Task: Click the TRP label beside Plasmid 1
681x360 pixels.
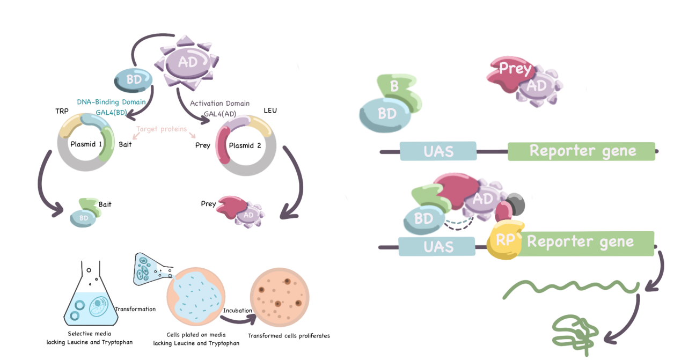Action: pyautogui.click(x=63, y=111)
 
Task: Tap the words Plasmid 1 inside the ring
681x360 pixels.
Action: pyautogui.click(x=85, y=144)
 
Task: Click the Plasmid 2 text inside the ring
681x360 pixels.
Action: pyautogui.click(x=245, y=145)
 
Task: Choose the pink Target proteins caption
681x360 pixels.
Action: pyautogui.click(x=162, y=129)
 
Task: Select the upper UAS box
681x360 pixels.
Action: pyautogui.click(x=438, y=151)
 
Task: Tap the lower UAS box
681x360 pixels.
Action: pyautogui.click(x=437, y=247)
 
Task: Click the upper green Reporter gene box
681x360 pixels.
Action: pyautogui.click(x=582, y=151)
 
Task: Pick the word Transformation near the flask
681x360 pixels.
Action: pyautogui.click(x=135, y=309)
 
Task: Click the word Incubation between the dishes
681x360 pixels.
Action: pyautogui.click(x=238, y=311)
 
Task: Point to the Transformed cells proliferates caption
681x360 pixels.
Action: pyautogui.click(x=289, y=336)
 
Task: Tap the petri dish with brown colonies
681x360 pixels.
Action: pyautogui.click(x=280, y=297)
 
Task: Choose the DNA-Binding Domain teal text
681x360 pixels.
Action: pyautogui.click(x=111, y=101)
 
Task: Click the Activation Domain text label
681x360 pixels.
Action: pyautogui.click(x=219, y=103)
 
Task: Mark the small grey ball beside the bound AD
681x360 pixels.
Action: pyautogui.click(x=516, y=204)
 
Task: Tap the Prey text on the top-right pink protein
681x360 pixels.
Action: pyautogui.click(x=515, y=69)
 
